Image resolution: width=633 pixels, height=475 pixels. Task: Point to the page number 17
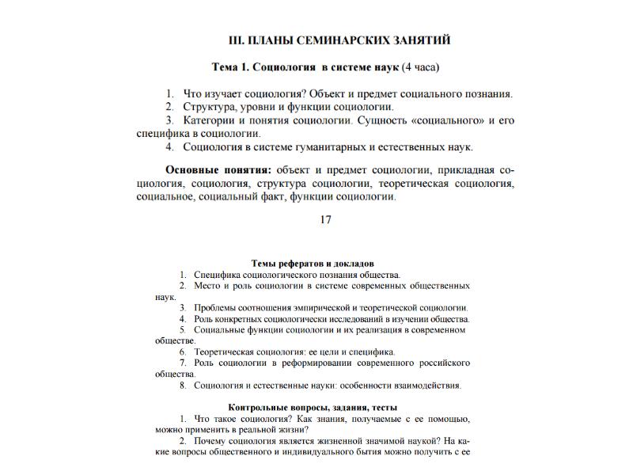pyautogui.click(x=325, y=220)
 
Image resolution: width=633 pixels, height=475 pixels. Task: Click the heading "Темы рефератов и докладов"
pyautogui.click(x=313, y=263)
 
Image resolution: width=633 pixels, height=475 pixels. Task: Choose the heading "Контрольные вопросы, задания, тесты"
pyautogui.click(x=313, y=407)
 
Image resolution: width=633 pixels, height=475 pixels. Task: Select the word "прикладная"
pyautogui.click(x=463, y=170)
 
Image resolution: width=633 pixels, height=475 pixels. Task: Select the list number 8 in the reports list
pyautogui.click(x=182, y=386)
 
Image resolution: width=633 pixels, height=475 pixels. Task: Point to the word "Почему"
pyautogui.click(x=210, y=441)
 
